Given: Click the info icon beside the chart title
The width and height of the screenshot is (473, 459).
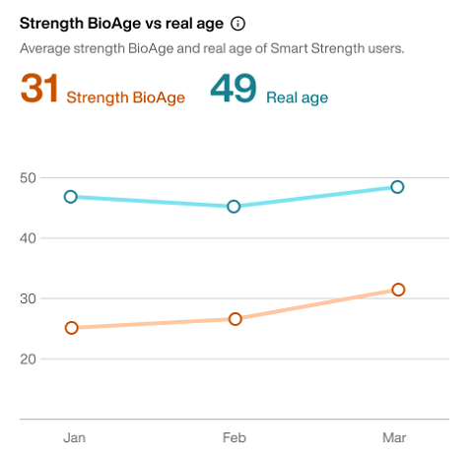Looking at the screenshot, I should [x=237, y=23].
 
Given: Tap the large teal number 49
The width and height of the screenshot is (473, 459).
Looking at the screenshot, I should [x=234, y=90].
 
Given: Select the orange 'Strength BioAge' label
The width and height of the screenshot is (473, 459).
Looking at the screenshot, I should [x=125, y=98].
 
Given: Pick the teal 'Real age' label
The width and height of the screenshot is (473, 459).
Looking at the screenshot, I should [x=297, y=98].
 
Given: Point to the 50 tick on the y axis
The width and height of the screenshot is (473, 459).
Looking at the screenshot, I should [x=29, y=178].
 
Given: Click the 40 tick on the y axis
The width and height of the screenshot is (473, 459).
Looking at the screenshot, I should [x=29, y=238].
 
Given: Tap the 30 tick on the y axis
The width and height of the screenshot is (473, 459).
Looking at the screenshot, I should [x=29, y=298].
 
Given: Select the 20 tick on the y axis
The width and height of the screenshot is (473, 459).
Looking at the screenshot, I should [x=29, y=359].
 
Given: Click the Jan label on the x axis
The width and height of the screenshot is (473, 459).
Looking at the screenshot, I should [x=73, y=437].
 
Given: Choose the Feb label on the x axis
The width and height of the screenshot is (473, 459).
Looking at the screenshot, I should [x=235, y=437].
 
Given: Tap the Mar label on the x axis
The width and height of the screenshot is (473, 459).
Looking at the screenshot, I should [x=395, y=437].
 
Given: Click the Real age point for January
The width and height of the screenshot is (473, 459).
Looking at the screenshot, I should [x=71, y=197].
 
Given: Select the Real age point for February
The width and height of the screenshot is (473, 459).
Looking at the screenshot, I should [x=235, y=207].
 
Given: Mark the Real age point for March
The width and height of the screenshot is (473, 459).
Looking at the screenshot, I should [x=397, y=187].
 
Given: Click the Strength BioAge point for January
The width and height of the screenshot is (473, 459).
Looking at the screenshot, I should [x=71, y=328].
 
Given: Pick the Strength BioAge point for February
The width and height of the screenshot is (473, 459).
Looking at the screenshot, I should [x=236, y=319].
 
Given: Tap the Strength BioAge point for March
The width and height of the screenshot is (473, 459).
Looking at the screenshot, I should [x=398, y=290].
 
